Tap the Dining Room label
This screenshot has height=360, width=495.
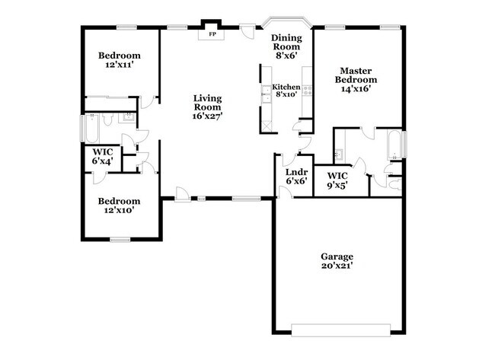(x=286, y=45)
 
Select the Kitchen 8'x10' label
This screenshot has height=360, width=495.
(x=286, y=91)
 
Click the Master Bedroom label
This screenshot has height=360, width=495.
(x=356, y=79)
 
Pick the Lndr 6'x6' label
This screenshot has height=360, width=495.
(x=295, y=177)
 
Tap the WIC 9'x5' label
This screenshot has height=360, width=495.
(x=337, y=180)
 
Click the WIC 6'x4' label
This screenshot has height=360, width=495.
(x=103, y=157)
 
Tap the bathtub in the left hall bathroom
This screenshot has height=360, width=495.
(x=90, y=129)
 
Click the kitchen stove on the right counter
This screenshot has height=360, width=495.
(x=308, y=89)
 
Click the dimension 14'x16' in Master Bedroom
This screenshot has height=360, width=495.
(x=356, y=88)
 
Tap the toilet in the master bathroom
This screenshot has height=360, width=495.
(x=394, y=183)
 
